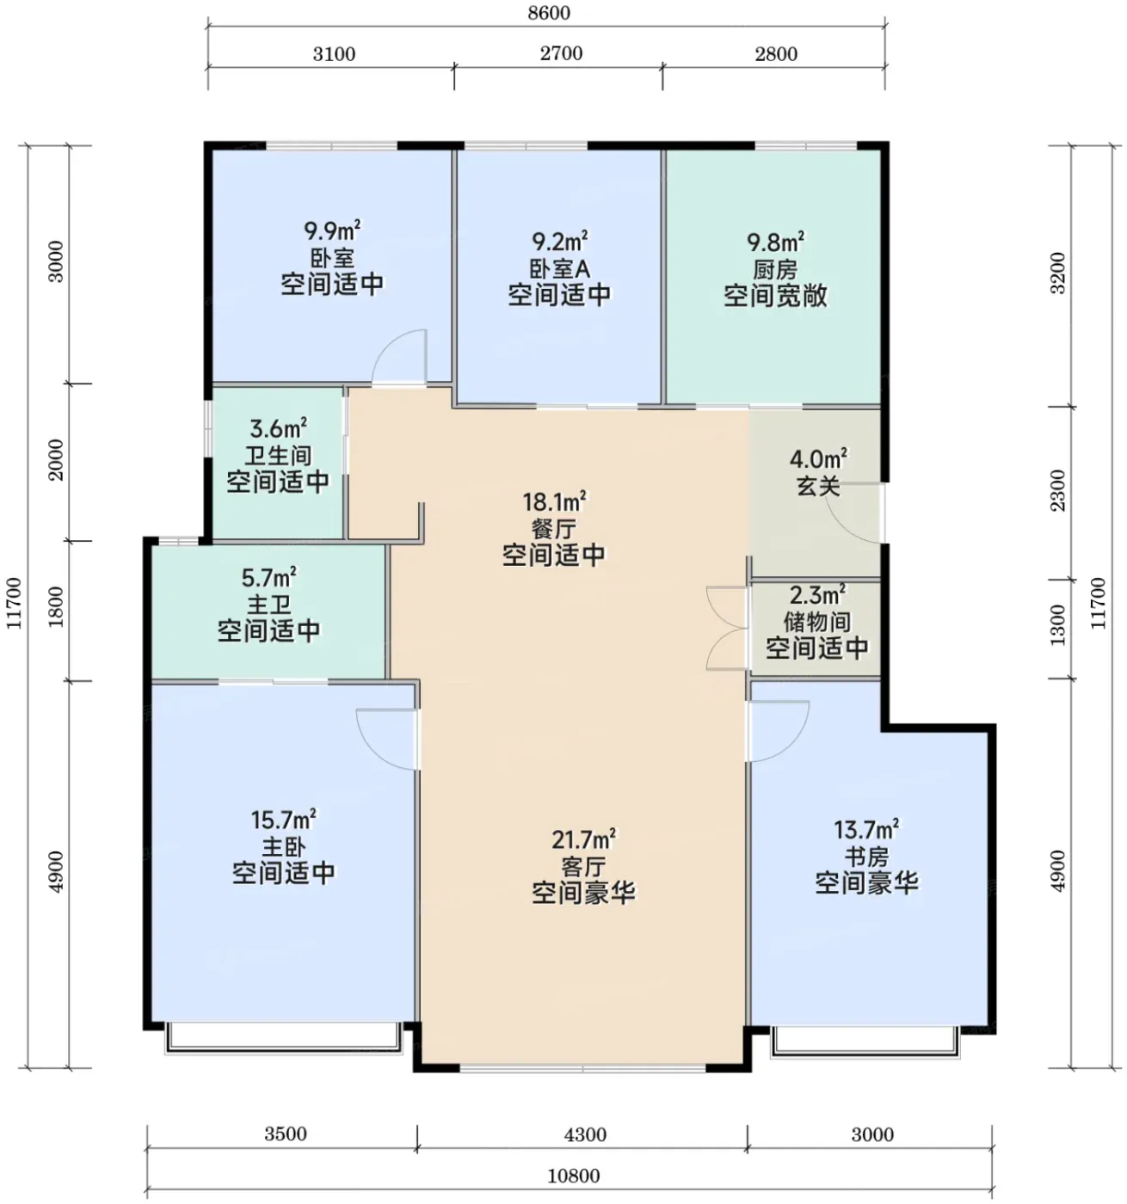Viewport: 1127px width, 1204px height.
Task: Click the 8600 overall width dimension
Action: click(548, 13)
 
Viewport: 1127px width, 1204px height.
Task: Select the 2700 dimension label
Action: click(561, 53)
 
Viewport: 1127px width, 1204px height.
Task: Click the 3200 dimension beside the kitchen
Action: click(1057, 273)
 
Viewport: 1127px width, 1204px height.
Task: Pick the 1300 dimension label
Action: click(1057, 624)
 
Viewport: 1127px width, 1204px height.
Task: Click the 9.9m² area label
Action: click(332, 231)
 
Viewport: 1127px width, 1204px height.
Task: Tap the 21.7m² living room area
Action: click(583, 839)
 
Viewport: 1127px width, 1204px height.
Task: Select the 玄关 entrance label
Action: click(818, 486)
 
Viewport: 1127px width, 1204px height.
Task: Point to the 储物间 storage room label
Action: click(816, 622)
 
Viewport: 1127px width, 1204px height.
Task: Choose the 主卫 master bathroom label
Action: click(268, 604)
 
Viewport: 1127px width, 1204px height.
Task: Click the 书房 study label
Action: click(866, 857)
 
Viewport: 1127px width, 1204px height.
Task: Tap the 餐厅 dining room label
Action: click(553, 529)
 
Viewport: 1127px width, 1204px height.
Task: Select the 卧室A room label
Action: click(559, 268)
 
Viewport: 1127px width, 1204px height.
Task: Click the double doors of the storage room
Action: click(727, 628)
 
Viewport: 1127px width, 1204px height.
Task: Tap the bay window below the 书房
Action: click(865, 1042)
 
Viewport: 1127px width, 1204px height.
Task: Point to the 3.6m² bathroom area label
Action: click(279, 428)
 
